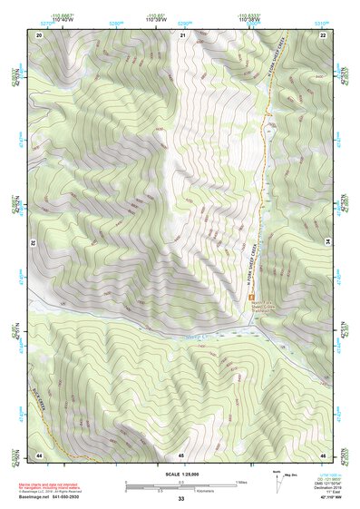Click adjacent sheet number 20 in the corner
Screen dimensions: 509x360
[39, 34]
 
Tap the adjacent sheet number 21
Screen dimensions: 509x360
[181, 34]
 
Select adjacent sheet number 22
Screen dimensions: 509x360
[323, 34]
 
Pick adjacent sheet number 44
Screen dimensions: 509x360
[39, 453]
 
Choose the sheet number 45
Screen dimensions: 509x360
[181, 453]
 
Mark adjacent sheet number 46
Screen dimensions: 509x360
[323, 453]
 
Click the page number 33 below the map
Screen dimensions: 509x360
[181, 499]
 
